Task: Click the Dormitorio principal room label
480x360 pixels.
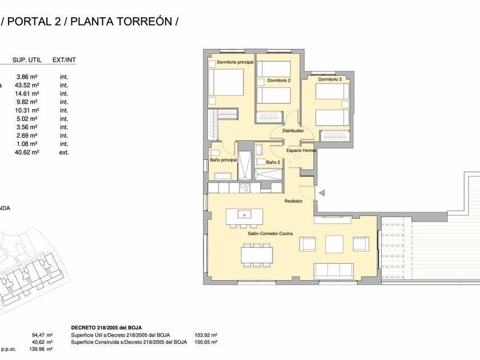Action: (x=235, y=62)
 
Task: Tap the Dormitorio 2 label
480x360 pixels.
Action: (x=279, y=81)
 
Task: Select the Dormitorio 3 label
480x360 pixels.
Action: (x=330, y=79)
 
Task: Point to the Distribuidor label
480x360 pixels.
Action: (x=293, y=131)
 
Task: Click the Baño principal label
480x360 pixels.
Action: (x=223, y=160)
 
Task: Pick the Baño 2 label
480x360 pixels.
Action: (x=273, y=162)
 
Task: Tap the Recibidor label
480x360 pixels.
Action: (x=294, y=201)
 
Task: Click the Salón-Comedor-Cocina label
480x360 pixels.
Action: (x=270, y=234)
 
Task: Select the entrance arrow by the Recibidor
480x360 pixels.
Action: (x=322, y=193)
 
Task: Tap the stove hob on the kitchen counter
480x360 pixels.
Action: (x=245, y=187)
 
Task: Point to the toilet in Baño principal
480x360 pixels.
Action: (x=213, y=153)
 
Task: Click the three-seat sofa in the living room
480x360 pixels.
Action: (x=334, y=271)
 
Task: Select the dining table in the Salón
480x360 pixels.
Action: (x=257, y=255)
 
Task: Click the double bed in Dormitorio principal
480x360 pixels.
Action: (x=226, y=82)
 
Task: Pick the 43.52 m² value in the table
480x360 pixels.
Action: (x=27, y=85)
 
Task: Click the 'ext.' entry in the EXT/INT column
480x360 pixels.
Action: (x=64, y=152)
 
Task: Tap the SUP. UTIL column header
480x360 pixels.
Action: (x=27, y=60)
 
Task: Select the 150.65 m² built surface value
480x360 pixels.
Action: (x=206, y=342)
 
